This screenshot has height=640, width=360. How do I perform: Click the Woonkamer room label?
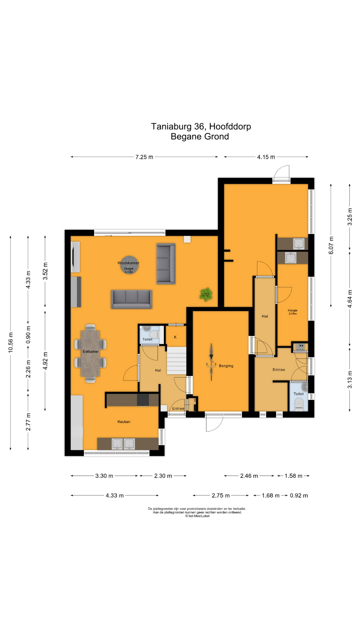(x=128, y=263)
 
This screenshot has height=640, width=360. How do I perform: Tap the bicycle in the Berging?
(x=211, y=362)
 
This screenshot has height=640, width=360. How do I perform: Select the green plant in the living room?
(x=206, y=294)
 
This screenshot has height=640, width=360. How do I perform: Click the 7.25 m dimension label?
(x=144, y=157)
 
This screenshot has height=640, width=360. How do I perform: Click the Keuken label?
(x=124, y=422)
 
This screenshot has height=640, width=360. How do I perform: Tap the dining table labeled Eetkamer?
(x=90, y=353)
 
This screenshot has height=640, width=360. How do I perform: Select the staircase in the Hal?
(x=176, y=361)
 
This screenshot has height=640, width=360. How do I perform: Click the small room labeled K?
(x=175, y=337)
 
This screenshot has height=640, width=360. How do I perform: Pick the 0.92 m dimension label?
(x=299, y=496)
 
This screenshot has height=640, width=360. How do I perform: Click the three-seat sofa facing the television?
(x=131, y=299)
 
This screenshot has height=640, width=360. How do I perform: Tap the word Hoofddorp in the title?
(x=230, y=127)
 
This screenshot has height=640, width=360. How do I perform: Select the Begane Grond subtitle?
(x=200, y=137)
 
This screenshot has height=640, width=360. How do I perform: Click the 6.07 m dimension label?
(x=331, y=245)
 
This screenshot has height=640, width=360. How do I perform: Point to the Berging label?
(x=226, y=366)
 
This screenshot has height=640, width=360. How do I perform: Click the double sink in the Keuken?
(x=123, y=444)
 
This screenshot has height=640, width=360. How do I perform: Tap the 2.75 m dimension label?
(x=221, y=496)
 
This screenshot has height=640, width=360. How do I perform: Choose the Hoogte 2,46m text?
(x=293, y=312)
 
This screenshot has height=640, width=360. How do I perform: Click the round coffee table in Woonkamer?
(x=129, y=265)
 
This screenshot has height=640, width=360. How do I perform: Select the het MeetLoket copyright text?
(x=198, y=516)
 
